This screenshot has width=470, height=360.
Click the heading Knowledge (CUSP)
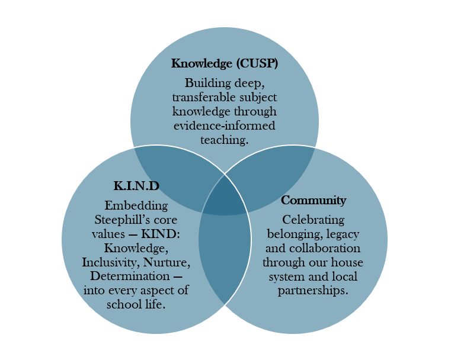(224, 63)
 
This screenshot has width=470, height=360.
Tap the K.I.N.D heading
(136, 186)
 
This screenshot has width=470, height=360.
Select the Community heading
(314, 200)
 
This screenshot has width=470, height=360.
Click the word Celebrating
(314, 219)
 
